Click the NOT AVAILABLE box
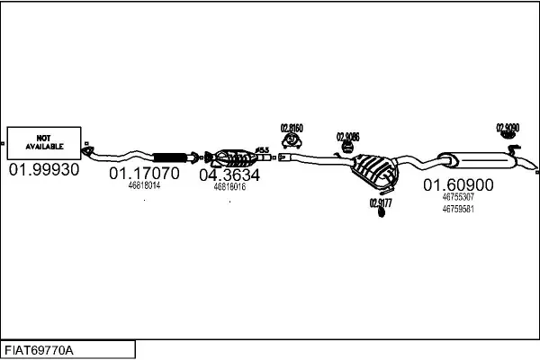coord(42,142)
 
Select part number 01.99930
coord(43,169)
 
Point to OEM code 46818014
coord(144,185)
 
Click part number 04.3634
coord(229,174)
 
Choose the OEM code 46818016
coord(229,186)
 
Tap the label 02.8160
coord(292,128)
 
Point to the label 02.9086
coord(348,137)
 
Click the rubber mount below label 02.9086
coord(348,148)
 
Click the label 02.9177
coord(381,202)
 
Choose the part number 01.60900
coord(458,184)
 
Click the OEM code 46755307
coord(458,197)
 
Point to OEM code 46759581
coord(458,209)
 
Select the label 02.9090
coord(508,128)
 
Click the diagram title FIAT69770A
coord(40,349)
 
